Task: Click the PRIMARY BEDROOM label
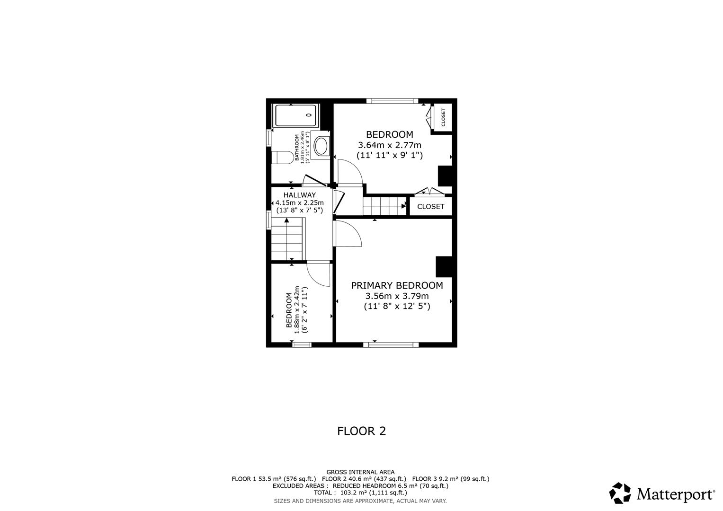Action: pos(397,285)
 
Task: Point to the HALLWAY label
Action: pos(299,195)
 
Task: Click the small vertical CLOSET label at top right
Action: pos(443,117)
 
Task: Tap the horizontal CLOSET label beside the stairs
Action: pos(430,206)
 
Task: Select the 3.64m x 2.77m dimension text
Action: pos(389,145)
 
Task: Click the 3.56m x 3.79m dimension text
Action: pos(397,296)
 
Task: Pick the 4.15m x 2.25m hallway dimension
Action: pos(299,203)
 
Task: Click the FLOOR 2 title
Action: pos(361,431)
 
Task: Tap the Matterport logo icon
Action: pos(620,493)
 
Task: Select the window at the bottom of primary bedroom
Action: pos(393,344)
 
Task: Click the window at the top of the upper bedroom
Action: pos(392,101)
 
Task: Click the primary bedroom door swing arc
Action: pos(349,233)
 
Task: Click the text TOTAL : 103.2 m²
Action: pos(360,493)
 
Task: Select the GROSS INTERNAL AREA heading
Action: pos(360,472)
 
